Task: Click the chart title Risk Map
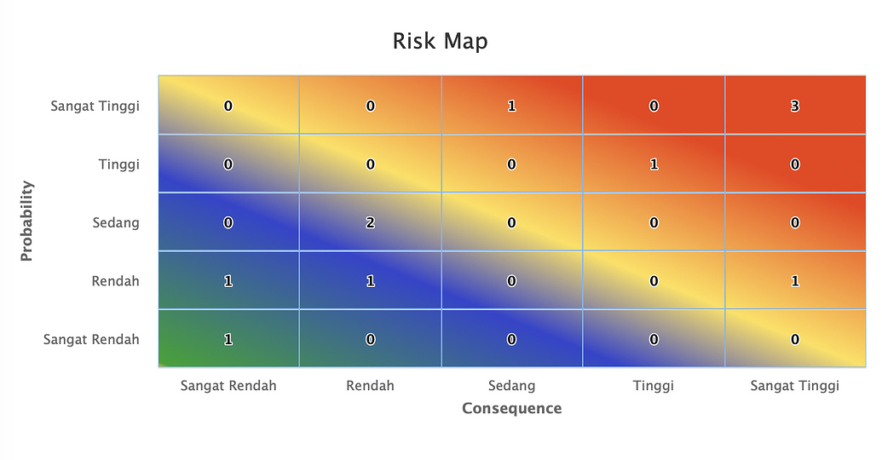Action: pyautogui.click(x=440, y=41)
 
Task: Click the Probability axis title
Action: pyautogui.click(x=26, y=221)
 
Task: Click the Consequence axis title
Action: pyautogui.click(x=511, y=408)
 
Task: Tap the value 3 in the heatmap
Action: pyautogui.click(x=795, y=106)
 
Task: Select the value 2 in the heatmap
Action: pyautogui.click(x=371, y=223)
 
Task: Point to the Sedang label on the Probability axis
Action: pyautogui.click(x=116, y=223)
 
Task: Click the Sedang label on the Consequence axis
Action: pyautogui.click(x=511, y=386)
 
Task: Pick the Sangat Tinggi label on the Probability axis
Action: pyautogui.click(x=95, y=106)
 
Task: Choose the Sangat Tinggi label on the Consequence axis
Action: pyautogui.click(x=794, y=386)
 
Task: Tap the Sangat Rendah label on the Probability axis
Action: pyautogui.click(x=91, y=339)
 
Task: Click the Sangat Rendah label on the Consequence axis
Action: pyautogui.click(x=228, y=386)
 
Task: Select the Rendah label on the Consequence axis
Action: pyautogui.click(x=370, y=386)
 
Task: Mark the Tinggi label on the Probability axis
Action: pyautogui.click(x=118, y=164)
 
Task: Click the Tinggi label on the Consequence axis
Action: pyautogui.click(x=653, y=386)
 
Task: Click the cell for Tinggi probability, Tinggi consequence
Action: pyautogui.click(x=654, y=164)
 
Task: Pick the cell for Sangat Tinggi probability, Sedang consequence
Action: pyautogui.click(x=511, y=106)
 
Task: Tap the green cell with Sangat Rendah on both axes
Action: pyautogui.click(x=228, y=339)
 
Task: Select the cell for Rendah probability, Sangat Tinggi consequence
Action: pyautogui.click(x=795, y=281)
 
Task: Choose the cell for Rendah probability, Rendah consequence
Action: pyautogui.click(x=371, y=281)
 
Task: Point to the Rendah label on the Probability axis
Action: pyautogui.click(x=115, y=281)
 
